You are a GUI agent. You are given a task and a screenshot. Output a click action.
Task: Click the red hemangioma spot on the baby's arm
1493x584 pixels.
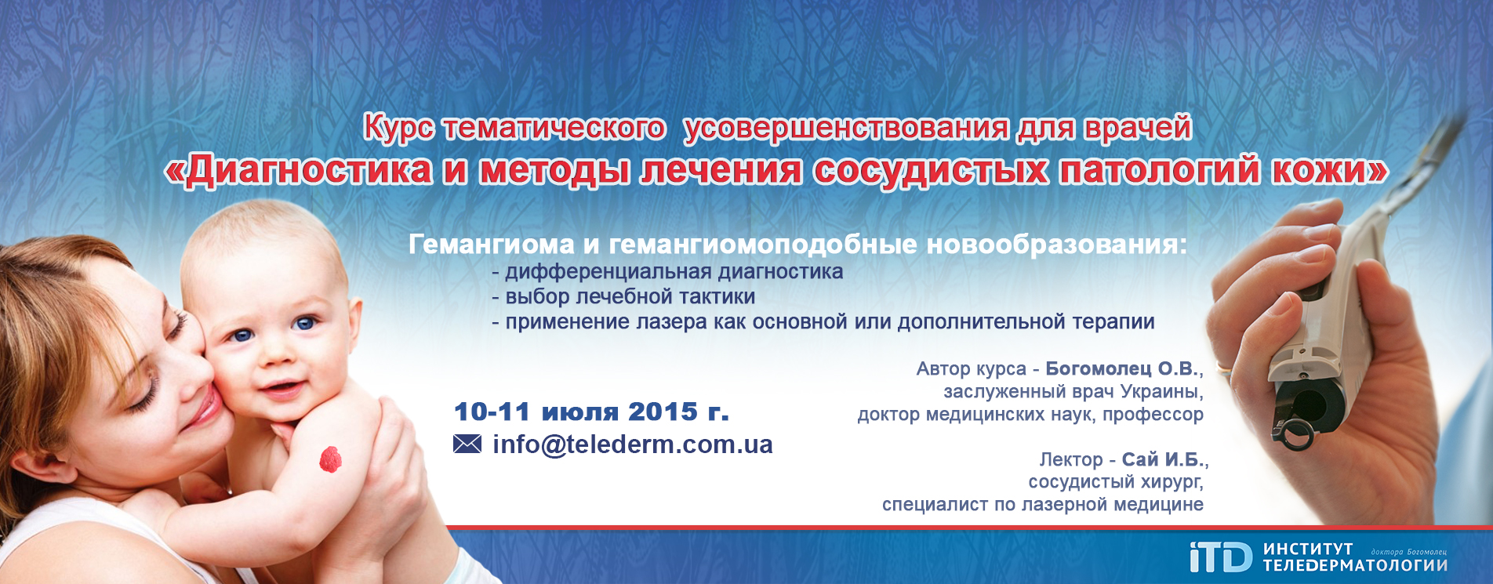point(331,459)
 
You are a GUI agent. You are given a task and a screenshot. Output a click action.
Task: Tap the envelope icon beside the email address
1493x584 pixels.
point(467,444)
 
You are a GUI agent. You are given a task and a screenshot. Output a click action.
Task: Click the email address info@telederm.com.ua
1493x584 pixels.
point(633,444)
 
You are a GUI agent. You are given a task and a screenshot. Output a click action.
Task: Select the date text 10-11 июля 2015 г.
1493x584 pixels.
point(591,412)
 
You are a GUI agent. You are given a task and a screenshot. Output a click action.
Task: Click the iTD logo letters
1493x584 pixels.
point(1221,557)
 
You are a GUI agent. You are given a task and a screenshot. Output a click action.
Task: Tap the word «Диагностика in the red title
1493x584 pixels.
point(299,170)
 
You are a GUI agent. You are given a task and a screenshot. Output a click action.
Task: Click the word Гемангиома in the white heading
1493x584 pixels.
point(492,245)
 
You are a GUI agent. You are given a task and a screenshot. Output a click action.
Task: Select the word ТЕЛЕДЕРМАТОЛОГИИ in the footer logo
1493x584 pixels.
point(1355,565)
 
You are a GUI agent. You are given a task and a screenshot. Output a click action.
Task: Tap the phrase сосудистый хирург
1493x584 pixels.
point(1115,482)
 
